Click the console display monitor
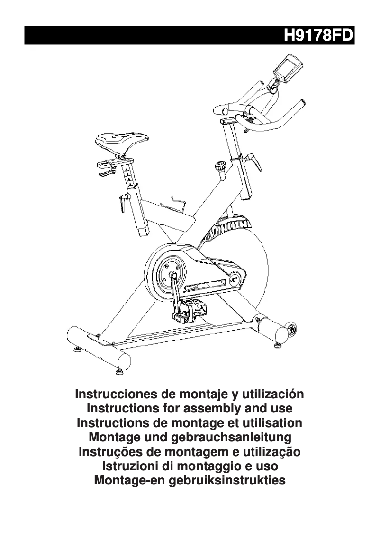pos(288,68)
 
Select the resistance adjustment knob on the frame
pos(220,167)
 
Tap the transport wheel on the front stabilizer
pos(291,330)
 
